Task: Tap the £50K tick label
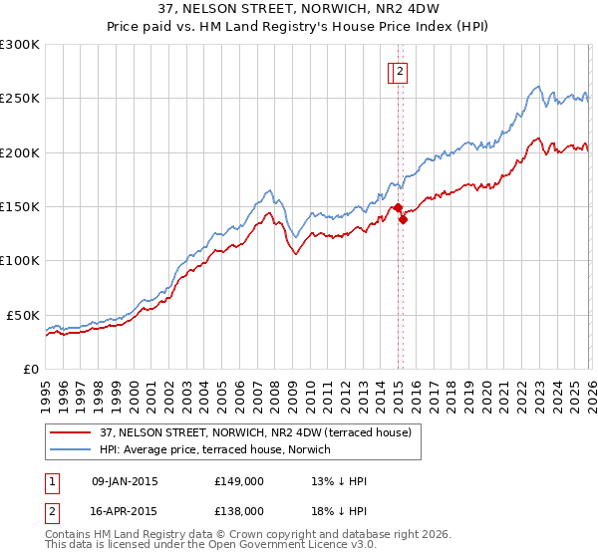24,315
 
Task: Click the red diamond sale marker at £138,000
403,220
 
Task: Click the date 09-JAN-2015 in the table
125,482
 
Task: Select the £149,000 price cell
239,482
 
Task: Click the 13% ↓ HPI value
339,482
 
